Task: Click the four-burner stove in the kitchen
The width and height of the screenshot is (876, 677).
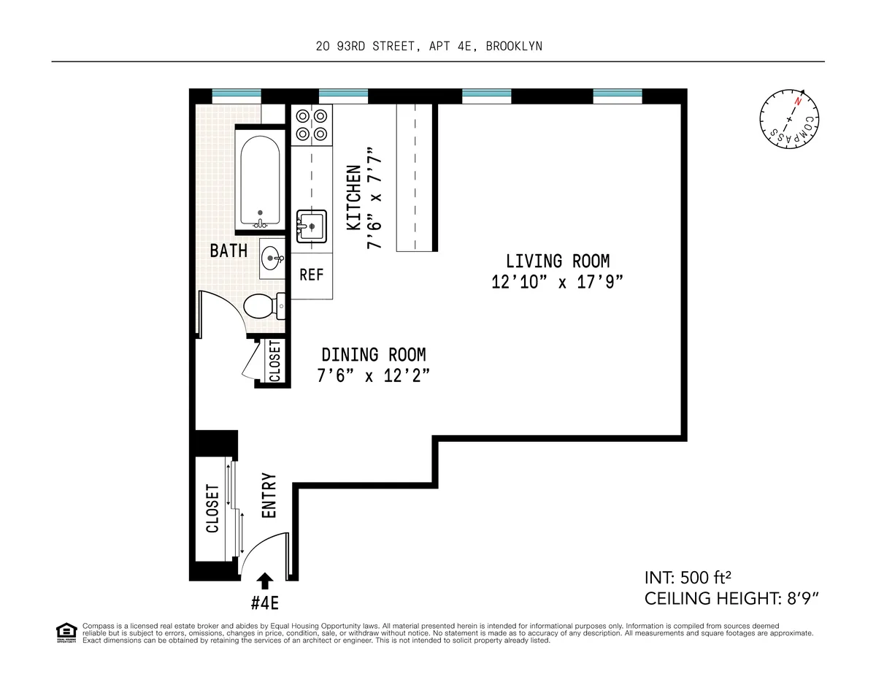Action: tap(312, 124)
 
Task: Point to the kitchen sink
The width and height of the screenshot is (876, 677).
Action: tap(312, 226)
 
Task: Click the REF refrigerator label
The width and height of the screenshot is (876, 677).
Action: tap(312, 275)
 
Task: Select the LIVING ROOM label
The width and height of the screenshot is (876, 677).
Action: tap(558, 261)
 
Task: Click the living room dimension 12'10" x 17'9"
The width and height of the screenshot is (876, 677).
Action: tap(558, 283)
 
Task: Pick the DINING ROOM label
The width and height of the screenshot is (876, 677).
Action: tap(374, 355)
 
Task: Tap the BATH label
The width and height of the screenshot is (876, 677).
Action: tap(228, 251)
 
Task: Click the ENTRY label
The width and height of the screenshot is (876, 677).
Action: tap(269, 496)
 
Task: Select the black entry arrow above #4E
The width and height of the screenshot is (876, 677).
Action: tap(265, 580)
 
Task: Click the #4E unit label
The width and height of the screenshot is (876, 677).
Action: tap(265, 603)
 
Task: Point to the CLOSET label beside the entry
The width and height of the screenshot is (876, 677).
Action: tap(212, 508)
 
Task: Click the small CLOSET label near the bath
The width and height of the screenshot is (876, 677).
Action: tap(275, 361)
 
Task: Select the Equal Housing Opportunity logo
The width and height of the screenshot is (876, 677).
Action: tap(66, 632)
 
